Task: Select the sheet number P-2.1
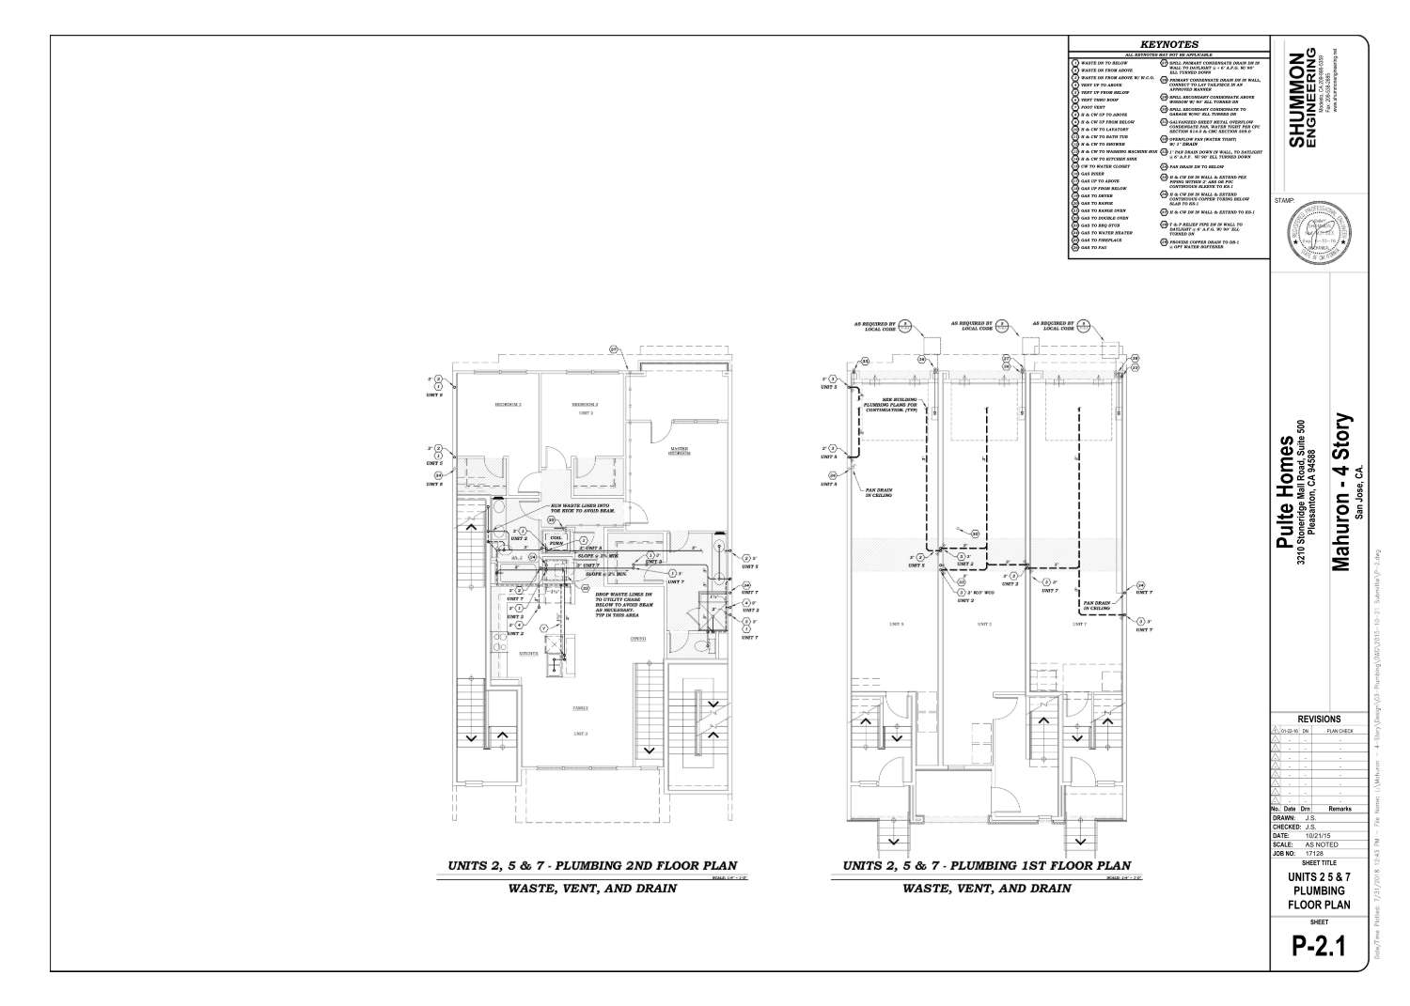[1319, 946]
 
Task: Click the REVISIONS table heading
[1319, 719]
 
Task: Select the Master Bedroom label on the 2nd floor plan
[680, 451]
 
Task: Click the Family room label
[581, 709]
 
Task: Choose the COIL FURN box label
[556, 540]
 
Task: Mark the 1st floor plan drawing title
[986, 866]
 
